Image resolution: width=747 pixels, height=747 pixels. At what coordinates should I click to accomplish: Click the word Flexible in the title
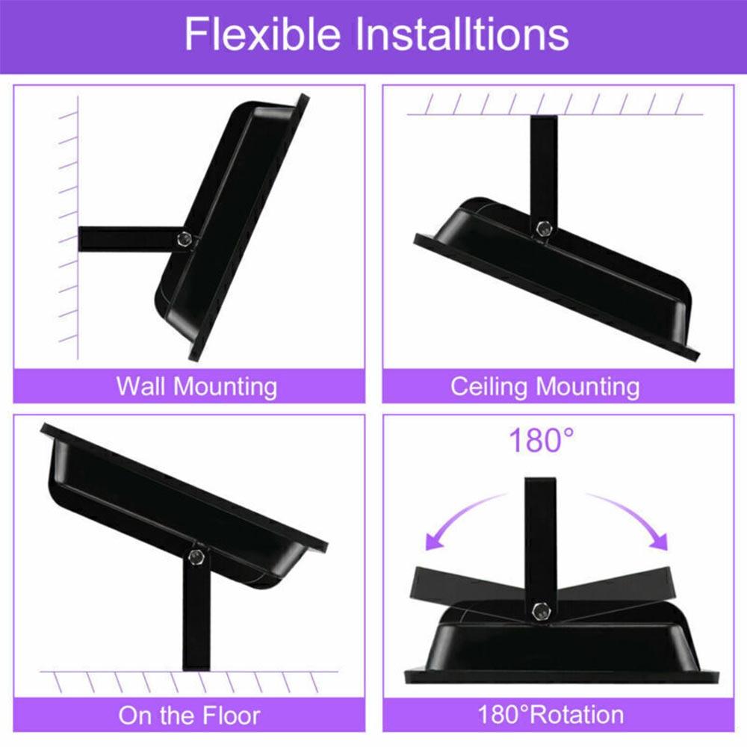coord(262,34)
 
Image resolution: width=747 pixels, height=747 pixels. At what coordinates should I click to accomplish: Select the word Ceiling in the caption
coord(490,387)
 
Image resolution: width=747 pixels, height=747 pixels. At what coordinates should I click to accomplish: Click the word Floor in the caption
coord(226,716)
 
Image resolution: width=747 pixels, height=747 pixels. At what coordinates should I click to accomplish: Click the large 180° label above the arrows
coord(542,441)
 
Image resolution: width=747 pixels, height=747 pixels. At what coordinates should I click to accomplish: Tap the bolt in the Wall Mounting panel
coord(184,240)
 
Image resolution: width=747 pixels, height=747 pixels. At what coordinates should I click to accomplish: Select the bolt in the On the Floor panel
coord(196,557)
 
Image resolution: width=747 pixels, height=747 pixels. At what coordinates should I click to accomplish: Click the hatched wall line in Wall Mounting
coord(78,224)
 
